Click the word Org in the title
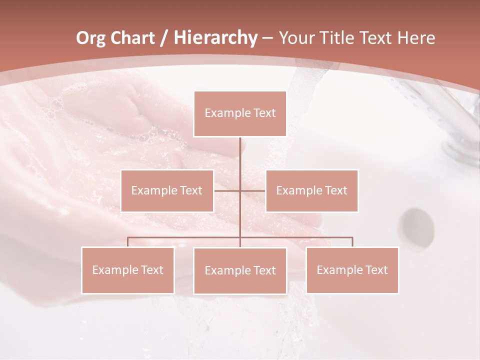(x=90, y=38)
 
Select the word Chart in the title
(x=132, y=38)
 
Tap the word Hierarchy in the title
(x=215, y=38)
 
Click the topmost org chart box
(x=240, y=113)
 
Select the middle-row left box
(x=167, y=190)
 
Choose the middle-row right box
(x=311, y=190)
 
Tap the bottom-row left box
(x=127, y=270)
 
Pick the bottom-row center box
(x=240, y=270)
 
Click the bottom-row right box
(x=352, y=270)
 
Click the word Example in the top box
(x=228, y=113)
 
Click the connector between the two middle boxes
(x=240, y=190)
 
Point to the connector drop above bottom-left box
(x=127, y=242)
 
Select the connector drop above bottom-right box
(x=352, y=242)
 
